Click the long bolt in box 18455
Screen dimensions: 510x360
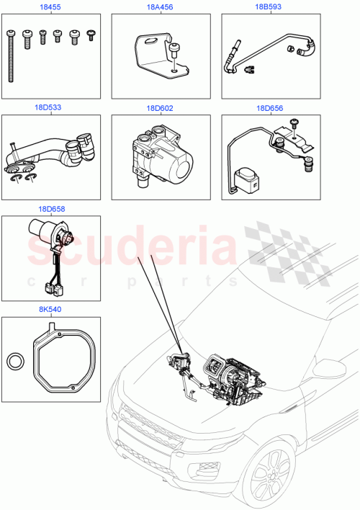point(12,58)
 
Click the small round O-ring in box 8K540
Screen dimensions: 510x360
point(15,361)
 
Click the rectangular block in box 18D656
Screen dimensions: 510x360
point(248,176)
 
